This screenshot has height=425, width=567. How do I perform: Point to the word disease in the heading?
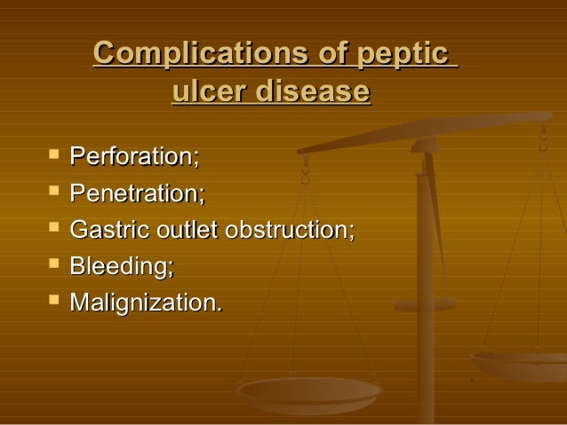pos(313,91)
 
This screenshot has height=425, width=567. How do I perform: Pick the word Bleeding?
pos(119,266)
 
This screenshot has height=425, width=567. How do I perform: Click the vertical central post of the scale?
pos(426,266)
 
